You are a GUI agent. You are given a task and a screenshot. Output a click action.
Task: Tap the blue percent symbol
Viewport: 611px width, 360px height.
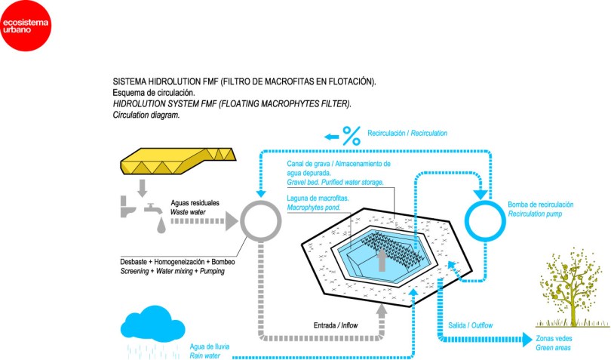(x=351, y=136)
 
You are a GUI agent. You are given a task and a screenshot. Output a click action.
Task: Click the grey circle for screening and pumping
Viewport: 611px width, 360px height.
(x=259, y=222)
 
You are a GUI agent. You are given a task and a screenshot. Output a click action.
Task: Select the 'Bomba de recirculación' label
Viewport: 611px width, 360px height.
(x=541, y=205)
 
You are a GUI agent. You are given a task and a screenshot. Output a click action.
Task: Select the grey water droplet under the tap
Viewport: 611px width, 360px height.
(x=161, y=224)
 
